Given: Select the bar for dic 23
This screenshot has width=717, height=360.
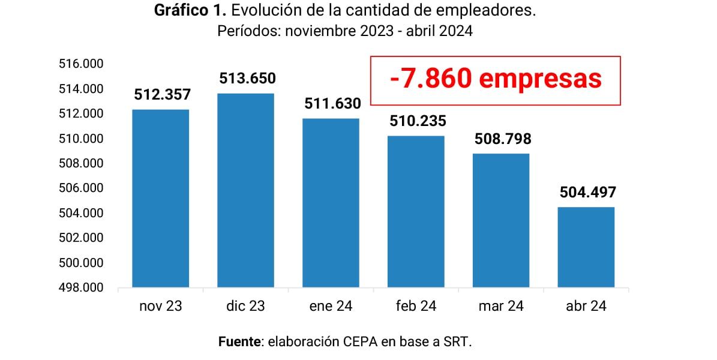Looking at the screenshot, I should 245,191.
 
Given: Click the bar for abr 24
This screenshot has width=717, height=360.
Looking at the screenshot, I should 586,247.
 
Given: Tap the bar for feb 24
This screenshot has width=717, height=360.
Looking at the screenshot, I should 416,212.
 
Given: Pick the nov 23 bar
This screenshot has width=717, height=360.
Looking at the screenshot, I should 160,199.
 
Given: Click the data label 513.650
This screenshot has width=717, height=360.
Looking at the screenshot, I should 247,79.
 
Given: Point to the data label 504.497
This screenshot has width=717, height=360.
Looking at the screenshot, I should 587,193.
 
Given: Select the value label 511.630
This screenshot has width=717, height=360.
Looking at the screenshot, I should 332,104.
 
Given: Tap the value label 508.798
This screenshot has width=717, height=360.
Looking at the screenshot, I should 502,139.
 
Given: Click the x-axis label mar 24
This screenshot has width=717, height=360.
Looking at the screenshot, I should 501,307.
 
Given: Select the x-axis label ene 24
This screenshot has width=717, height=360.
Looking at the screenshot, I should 331,307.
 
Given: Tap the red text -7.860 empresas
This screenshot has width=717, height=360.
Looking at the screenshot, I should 495,79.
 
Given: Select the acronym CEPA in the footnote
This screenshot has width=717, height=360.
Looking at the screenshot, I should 362,343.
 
